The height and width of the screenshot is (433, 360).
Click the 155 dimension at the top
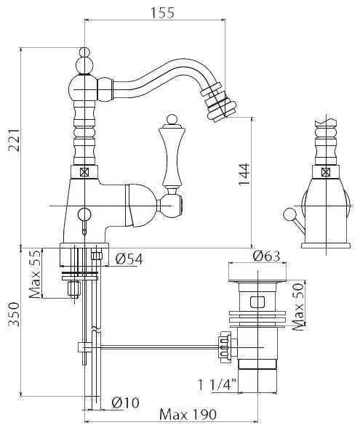(162, 12)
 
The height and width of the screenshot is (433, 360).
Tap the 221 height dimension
(14, 139)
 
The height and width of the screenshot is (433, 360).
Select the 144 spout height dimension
(244, 174)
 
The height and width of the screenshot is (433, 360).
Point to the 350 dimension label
(14, 315)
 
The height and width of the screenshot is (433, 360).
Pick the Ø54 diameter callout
(129, 259)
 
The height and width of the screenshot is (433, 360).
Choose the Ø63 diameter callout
(266, 256)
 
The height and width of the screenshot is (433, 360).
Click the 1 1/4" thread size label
(217, 384)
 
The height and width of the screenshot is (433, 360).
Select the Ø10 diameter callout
(126, 402)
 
